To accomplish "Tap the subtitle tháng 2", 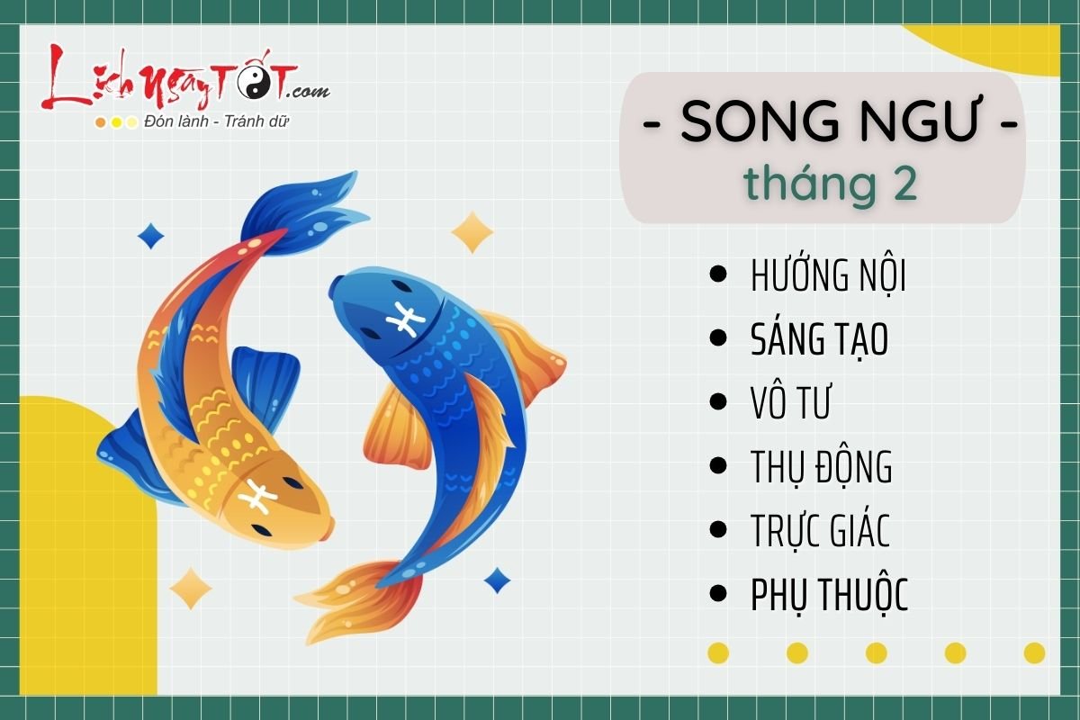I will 830,184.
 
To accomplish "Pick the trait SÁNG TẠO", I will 819,339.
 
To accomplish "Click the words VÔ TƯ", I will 789,403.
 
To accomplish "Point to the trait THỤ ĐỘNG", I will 821,467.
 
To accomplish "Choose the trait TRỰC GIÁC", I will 820,531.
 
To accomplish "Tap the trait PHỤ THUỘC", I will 829,595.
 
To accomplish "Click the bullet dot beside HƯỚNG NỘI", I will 718,274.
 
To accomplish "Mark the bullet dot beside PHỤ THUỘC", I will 718,593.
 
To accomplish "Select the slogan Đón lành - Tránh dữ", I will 216,121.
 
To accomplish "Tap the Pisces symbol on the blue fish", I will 404,319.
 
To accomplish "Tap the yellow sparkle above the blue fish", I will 472,232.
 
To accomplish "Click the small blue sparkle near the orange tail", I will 497,580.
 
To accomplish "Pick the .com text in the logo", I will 308,91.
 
